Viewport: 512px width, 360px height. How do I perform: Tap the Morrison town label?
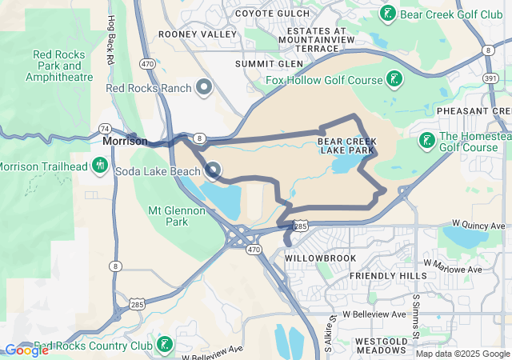[x=125, y=141]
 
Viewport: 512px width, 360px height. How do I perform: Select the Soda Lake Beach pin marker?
[x=213, y=170]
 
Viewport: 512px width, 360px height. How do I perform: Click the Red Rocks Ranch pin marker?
[x=204, y=87]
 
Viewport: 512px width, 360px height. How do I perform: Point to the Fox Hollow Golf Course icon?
[x=393, y=78]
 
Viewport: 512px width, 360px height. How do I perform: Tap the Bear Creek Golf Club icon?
[x=388, y=14]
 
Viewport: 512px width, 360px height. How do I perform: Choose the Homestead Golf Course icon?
[x=426, y=141]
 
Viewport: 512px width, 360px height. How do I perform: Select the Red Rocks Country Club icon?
[x=164, y=346]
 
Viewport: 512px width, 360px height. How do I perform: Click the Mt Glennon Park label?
[x=177, y=216]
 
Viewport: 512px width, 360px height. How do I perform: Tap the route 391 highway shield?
[x=491, y=78]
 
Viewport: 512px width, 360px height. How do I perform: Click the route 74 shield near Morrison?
[x=105, y=128]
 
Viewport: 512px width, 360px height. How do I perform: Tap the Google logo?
[x=26, y=350]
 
